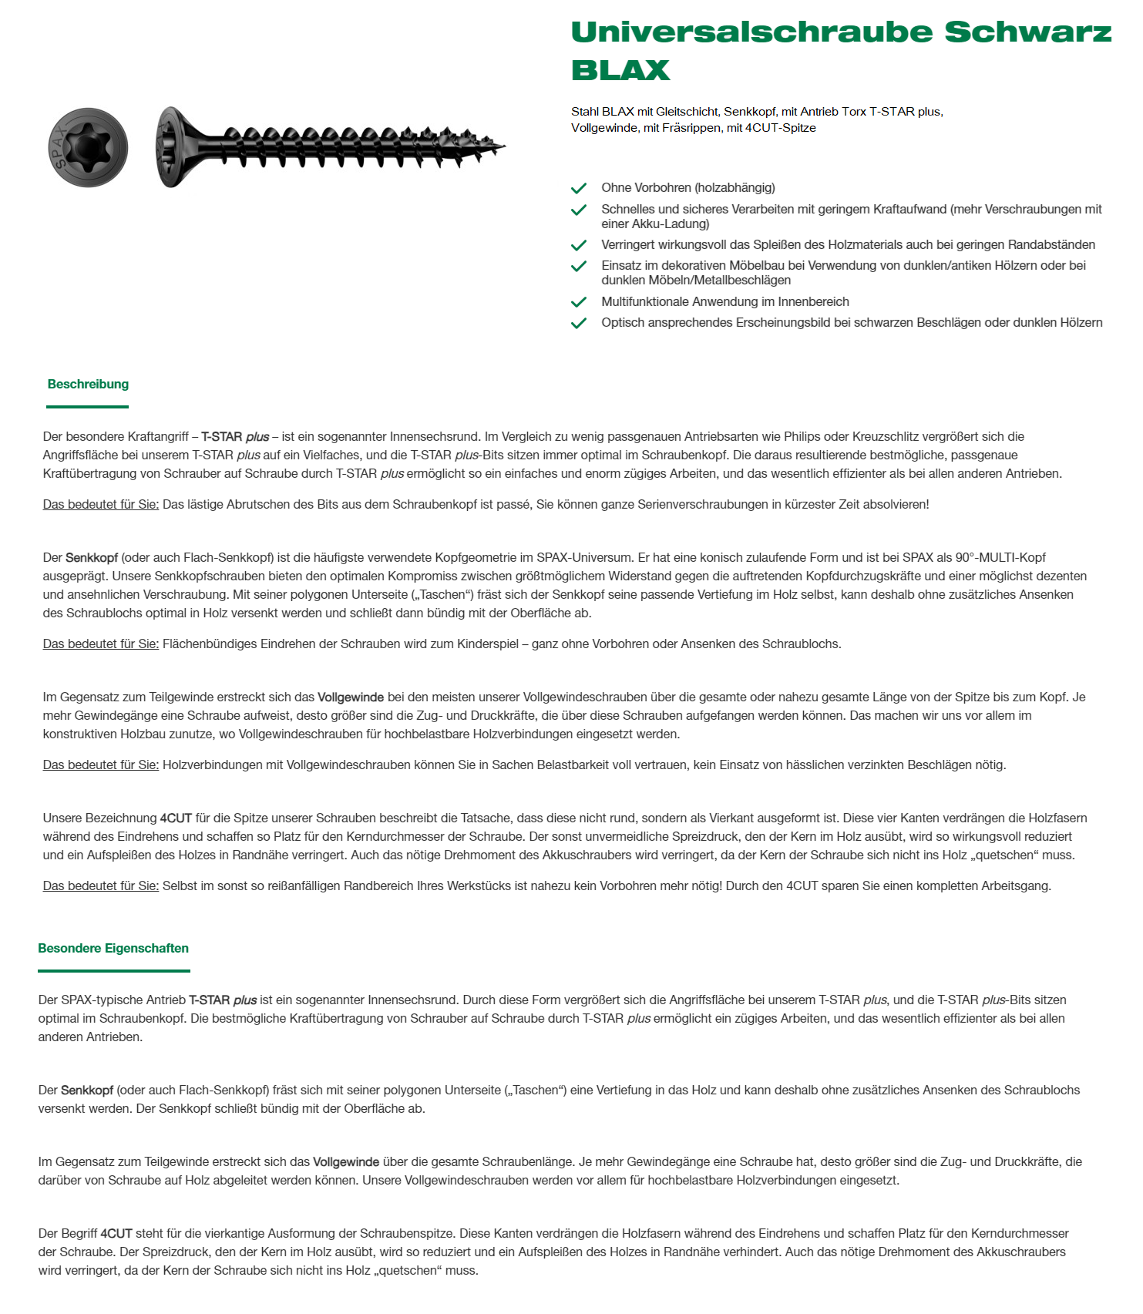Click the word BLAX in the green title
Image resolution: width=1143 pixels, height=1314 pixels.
point(620,70)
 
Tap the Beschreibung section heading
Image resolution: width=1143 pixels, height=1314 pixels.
point(88,384)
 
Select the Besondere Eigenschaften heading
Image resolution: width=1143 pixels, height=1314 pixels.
point(113,948)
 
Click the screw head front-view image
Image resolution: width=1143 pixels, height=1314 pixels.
point(88,147)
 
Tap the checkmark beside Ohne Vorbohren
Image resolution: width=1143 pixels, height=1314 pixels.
point(579,188)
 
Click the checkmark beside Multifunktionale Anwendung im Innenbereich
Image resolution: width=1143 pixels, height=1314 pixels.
point(579,302)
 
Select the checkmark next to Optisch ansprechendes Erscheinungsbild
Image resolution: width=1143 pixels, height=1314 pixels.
point(579,323)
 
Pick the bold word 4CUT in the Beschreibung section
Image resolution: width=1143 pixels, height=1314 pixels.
point(176,818)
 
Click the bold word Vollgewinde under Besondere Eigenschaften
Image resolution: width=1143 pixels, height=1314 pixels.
point(346,1161)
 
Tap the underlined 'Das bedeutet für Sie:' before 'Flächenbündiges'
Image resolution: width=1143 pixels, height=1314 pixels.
point(101,644)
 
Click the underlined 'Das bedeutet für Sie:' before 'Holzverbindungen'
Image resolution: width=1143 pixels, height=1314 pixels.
point(101,765)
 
